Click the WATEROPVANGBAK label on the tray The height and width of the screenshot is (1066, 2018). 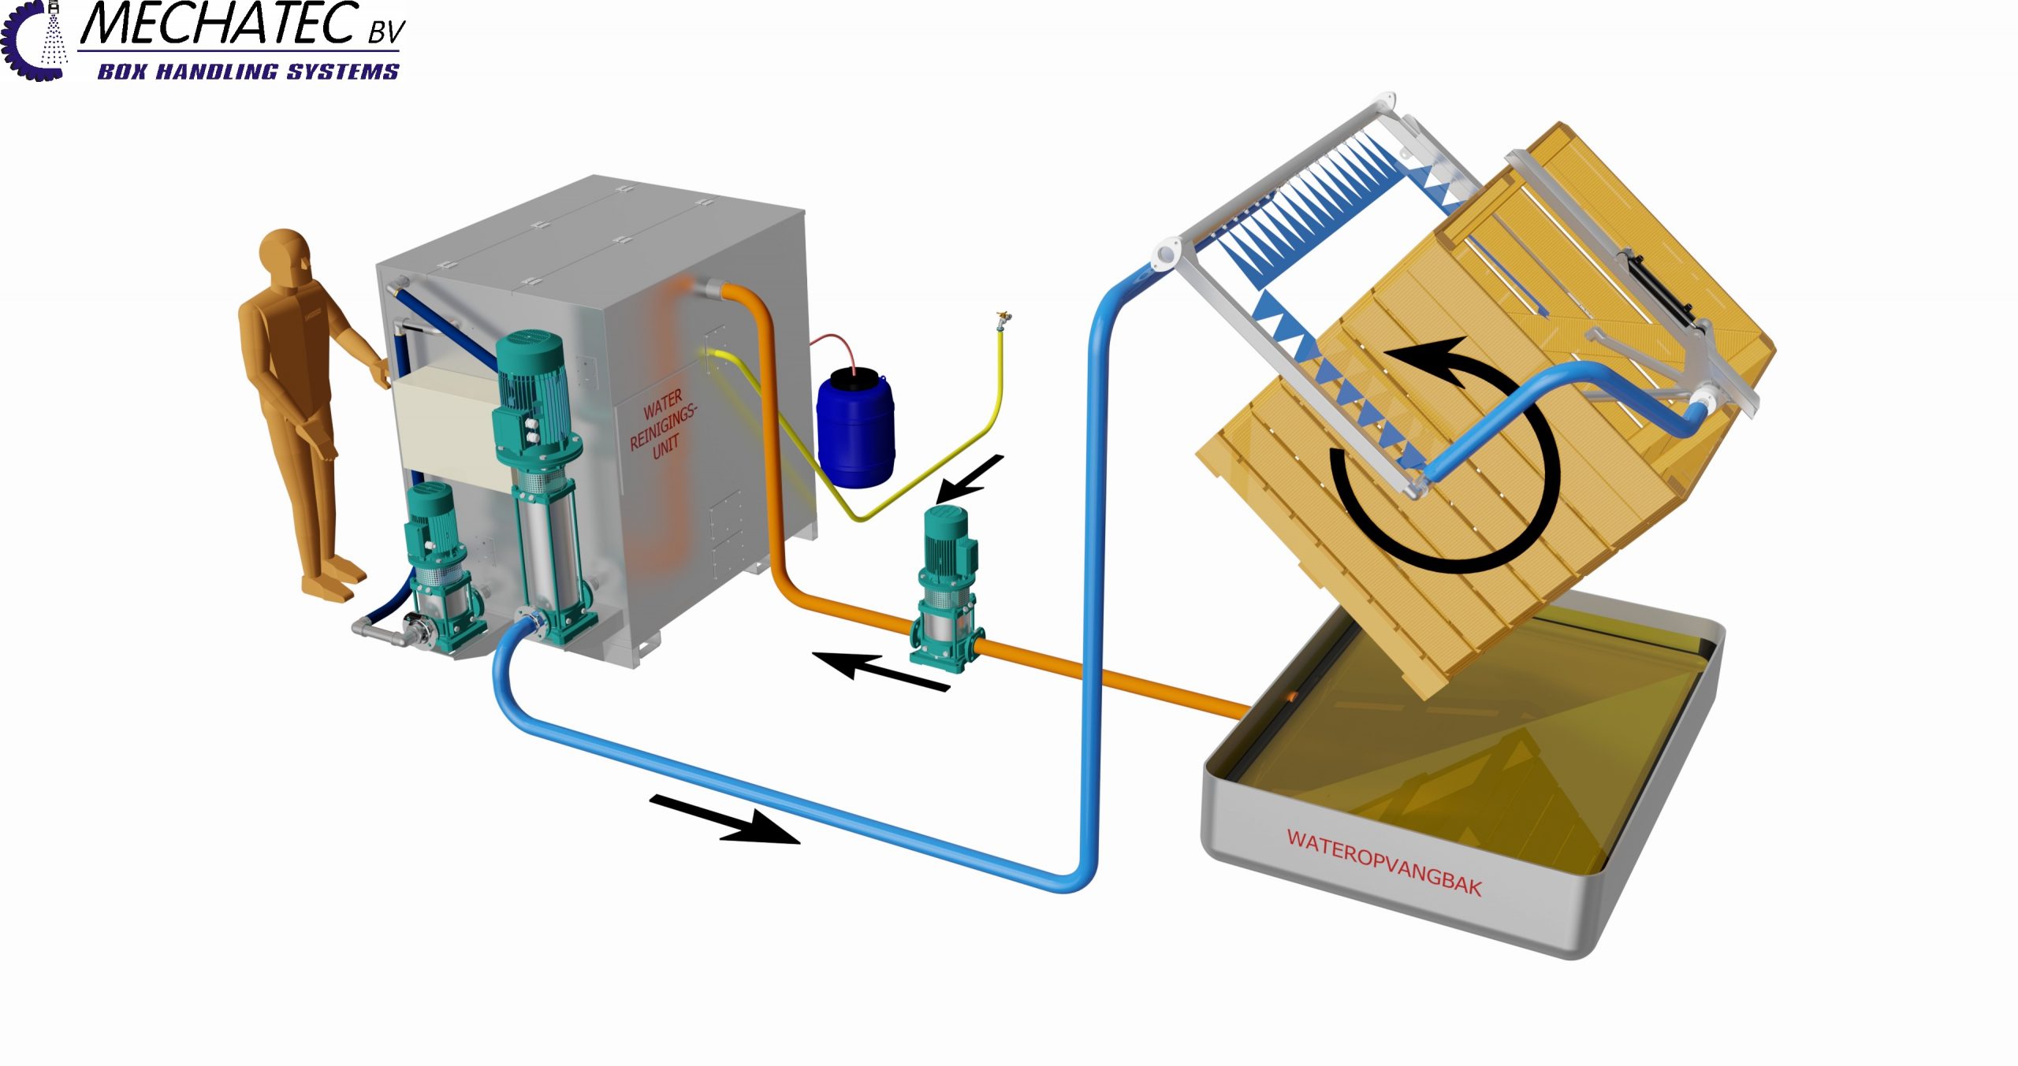click(x=1384, y=862)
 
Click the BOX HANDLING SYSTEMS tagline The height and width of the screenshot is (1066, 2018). click(x=248, y=72)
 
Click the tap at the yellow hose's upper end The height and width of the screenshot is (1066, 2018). click(x=1003, y=320)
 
